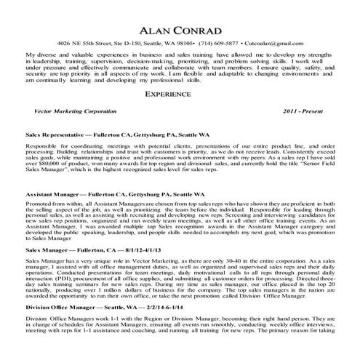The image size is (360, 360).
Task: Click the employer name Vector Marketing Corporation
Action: tap(75, 112)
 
